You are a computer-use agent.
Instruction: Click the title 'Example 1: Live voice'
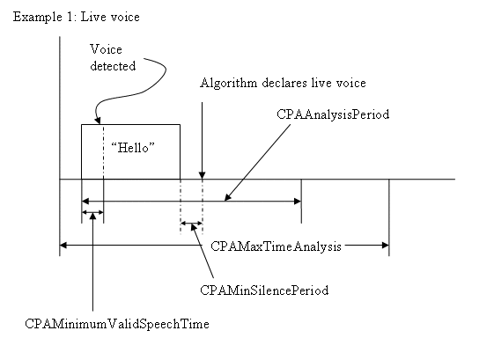[x=77, y=17]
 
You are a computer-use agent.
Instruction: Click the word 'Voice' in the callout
[x=106, y=49]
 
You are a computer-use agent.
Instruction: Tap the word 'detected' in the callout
[x=113, y=66]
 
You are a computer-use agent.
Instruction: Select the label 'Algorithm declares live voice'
[x=283, y=83]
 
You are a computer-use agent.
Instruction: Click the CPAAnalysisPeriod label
[x=333, y=114]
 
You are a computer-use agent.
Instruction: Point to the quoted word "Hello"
[x=133, y=147]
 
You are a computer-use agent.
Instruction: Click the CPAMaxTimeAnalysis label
[x=276, y=246]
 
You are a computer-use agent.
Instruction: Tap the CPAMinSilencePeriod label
[x=264, y=290]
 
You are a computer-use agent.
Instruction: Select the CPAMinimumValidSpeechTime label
[x=117, y=324]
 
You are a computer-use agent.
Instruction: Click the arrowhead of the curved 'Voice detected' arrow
[x=98, y=120]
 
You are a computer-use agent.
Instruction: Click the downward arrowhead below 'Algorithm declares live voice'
[x=203, y=175]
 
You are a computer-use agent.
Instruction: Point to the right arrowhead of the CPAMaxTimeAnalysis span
[x=385, y=245]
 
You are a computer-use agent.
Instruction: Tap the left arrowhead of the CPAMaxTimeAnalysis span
[x=63, y=245]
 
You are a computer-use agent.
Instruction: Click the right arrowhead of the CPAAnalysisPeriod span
[x=298, y=201]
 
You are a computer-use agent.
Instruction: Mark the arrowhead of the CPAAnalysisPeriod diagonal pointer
[x=227, y=197]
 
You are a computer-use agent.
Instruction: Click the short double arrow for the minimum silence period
[x=191, y=224]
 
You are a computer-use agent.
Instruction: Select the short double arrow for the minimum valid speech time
[x=92, y=212]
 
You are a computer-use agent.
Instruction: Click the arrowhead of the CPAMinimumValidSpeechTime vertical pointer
[x=92, y=217]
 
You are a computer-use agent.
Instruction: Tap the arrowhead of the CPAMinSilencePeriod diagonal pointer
[x=194, y=227]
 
